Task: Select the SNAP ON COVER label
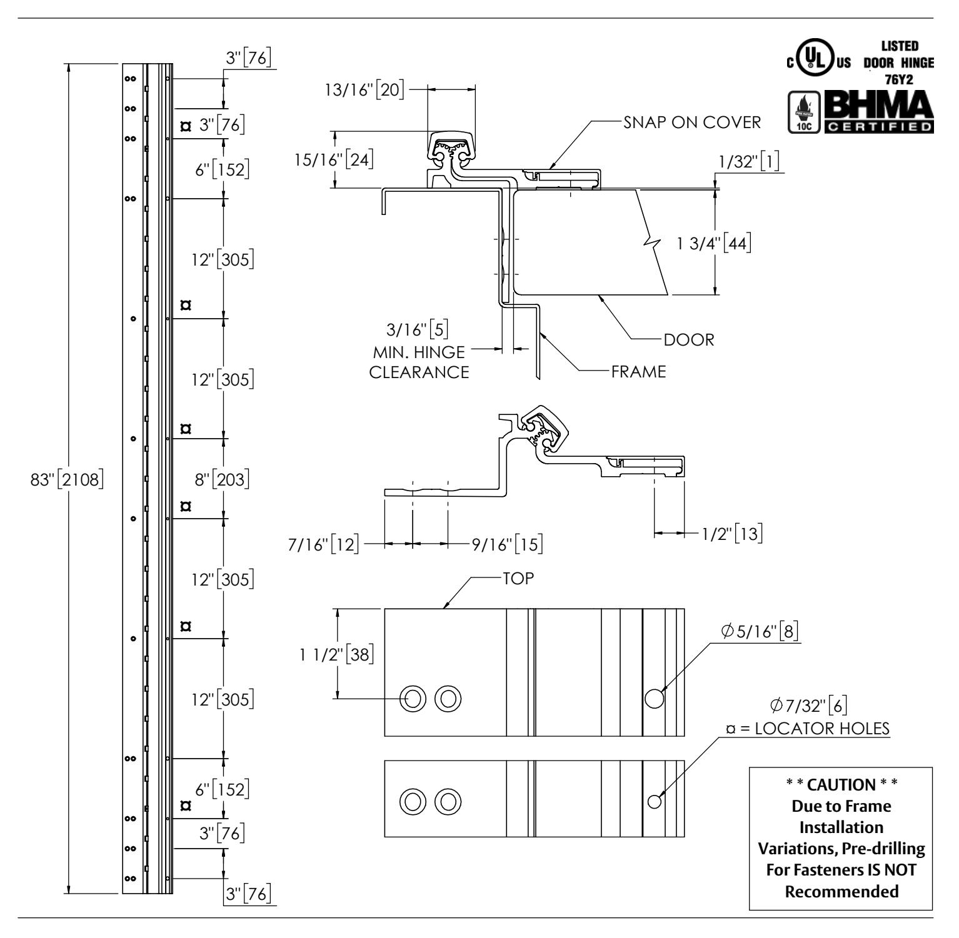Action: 692,122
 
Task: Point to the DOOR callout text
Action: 689,340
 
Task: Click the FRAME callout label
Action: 638,372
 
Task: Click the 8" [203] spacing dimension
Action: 222,480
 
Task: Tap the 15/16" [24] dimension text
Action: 334,160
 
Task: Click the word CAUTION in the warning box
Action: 841,784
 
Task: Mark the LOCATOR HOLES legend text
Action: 823,729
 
